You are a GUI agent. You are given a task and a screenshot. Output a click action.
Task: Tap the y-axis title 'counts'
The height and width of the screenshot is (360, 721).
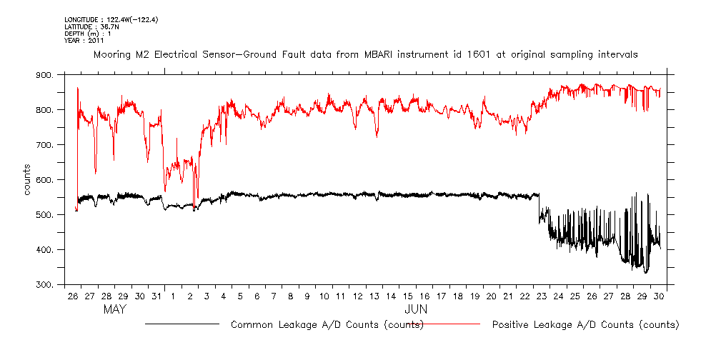(27, 180)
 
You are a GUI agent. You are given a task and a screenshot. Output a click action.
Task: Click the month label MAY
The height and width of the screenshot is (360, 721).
(115, 309)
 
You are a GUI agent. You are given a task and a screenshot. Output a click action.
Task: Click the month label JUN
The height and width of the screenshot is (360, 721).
(416, 309)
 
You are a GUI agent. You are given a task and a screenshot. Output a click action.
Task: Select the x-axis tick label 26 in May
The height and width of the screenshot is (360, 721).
(73, 296)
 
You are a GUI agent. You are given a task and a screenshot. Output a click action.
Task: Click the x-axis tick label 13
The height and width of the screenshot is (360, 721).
(373, 296)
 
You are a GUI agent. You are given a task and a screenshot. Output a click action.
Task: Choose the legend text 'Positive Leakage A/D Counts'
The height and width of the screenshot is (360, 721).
(585, 325)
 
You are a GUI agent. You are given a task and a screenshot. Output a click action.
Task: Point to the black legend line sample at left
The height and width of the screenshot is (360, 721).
(182, 324)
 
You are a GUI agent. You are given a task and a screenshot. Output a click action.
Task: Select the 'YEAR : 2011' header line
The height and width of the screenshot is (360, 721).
(84, 40)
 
